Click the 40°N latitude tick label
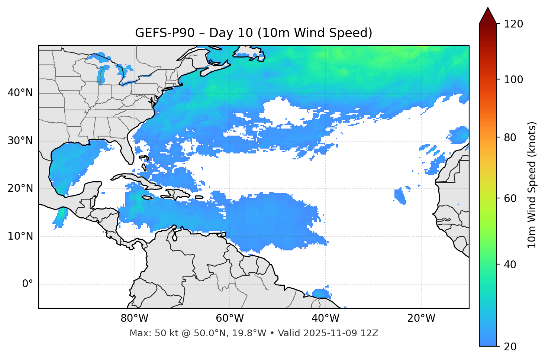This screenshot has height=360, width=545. tap(20, 93)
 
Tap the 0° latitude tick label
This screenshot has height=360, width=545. tap(28, 284)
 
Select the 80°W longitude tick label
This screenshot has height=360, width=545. tap(134, 318)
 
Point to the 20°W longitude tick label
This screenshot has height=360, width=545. tap(421, 318)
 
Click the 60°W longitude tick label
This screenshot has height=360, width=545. tap(230, 318)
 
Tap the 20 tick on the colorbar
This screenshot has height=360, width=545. tap(510, 347)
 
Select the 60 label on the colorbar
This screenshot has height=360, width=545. tap(510, 198)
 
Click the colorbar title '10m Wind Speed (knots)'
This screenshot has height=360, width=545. tap(532, 185)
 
